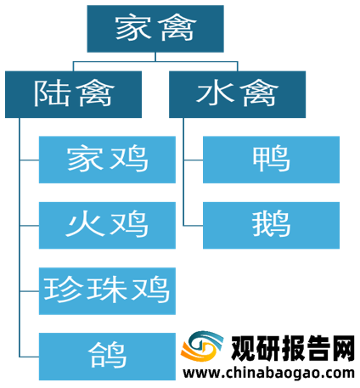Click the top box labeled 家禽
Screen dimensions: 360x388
155,29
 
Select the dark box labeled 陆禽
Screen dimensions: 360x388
73,94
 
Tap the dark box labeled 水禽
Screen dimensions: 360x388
237,94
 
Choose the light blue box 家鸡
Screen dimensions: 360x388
107,160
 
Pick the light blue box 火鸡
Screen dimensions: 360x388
107,225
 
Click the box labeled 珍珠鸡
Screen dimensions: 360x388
107,291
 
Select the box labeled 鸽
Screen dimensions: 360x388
107,357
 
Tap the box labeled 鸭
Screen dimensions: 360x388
271,160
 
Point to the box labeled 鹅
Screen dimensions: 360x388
271,225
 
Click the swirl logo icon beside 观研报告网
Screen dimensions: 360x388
202,347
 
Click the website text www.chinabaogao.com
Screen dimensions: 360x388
269,374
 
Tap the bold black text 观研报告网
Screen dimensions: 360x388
293,348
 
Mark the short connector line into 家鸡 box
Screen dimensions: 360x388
30,160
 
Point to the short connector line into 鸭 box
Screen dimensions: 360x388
194,160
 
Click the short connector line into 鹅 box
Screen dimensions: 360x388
194,226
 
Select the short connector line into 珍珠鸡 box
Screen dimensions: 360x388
30,291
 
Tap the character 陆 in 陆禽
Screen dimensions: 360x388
52,93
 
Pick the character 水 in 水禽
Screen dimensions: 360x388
215,93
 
